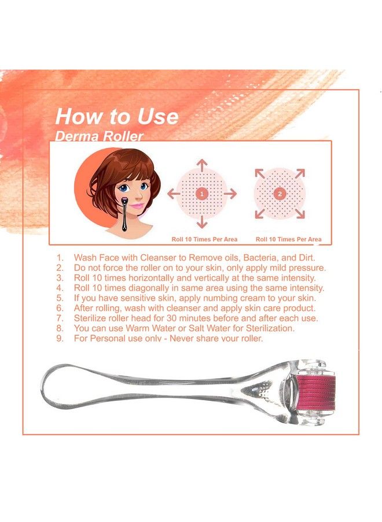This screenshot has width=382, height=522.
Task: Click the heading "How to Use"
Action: click(x=116, y=116)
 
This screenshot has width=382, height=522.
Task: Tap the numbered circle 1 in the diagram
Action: click(x=201, y=194)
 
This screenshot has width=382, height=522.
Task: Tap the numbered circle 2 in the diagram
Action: click(x=280, y=194)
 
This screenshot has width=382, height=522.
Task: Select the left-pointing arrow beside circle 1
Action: click(x=173, y=194)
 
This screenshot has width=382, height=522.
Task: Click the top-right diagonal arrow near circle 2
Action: click(x=299, y=173)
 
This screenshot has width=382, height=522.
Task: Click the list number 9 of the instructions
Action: click(x=59, y=338)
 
